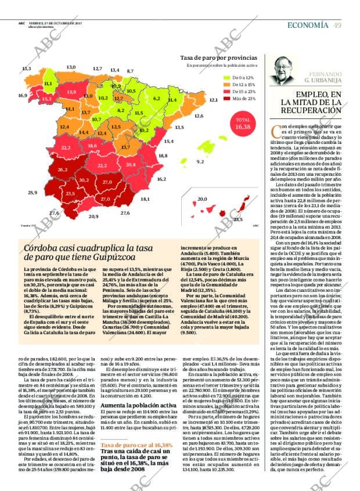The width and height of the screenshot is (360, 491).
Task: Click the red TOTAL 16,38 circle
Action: [243, 123]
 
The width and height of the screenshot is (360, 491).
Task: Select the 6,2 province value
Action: [157, 98]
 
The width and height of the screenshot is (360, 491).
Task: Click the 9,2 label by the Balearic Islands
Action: [201, 161]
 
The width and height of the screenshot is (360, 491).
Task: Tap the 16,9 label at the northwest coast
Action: [23, 95]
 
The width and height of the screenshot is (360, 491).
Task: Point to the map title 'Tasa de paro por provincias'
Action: [218, 58]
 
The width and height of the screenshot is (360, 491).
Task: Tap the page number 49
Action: [337, 24]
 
